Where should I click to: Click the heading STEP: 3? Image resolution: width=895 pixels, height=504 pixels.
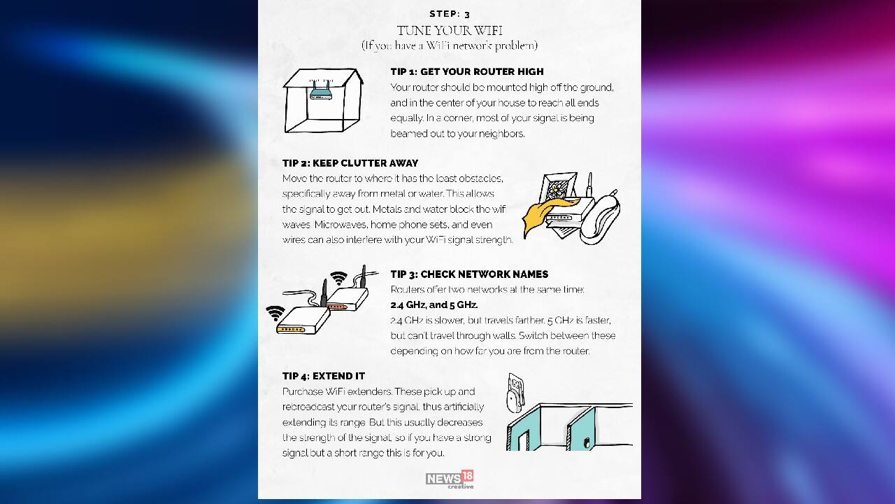[450, 14]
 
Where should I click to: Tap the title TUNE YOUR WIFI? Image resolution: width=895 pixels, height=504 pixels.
[450, 30]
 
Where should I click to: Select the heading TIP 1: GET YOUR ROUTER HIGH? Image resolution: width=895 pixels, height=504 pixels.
[466, 71]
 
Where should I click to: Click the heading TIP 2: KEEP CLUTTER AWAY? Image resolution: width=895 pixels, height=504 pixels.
[350, 163]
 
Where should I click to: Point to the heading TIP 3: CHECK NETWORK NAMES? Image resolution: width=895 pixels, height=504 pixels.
[469, 274]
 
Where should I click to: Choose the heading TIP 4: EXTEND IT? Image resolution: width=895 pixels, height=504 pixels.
[324, 376]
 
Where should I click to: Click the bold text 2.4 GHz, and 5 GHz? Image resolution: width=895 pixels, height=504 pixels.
[434, 305]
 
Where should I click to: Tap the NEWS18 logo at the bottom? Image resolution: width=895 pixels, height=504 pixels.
[450, 479]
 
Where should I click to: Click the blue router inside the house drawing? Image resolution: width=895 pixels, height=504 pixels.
[321, 92]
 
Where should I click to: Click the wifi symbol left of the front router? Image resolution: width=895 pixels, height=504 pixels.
[275, 312]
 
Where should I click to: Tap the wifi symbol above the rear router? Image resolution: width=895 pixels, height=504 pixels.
[339, 278]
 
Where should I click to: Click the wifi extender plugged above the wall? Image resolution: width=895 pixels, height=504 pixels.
[516, 391]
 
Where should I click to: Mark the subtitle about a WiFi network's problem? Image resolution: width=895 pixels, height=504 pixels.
[450, 45]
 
